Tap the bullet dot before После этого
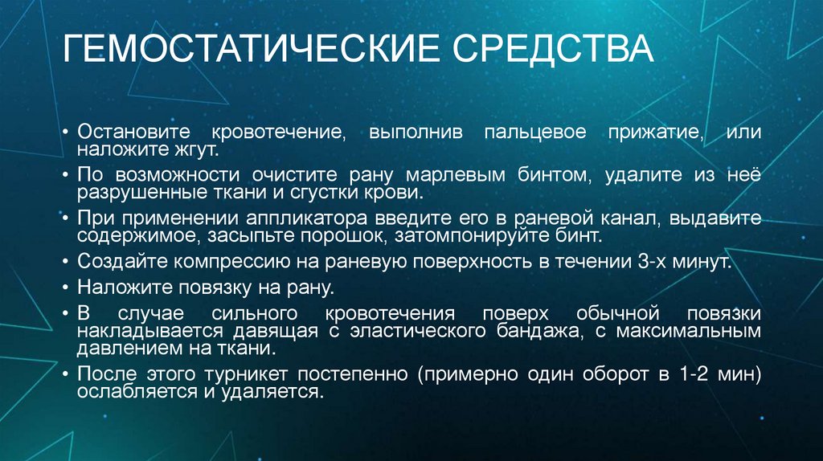[69, 373]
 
